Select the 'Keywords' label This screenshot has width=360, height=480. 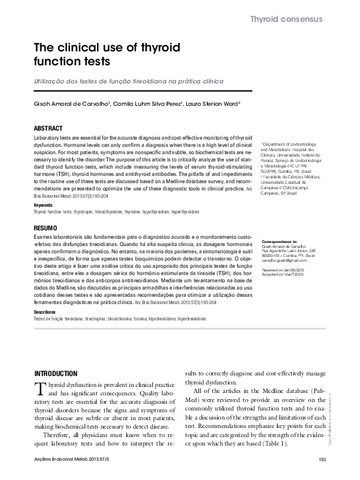point(44,206)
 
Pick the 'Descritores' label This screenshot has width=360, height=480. point(47,311)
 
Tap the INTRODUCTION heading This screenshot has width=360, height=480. point(56,374)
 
